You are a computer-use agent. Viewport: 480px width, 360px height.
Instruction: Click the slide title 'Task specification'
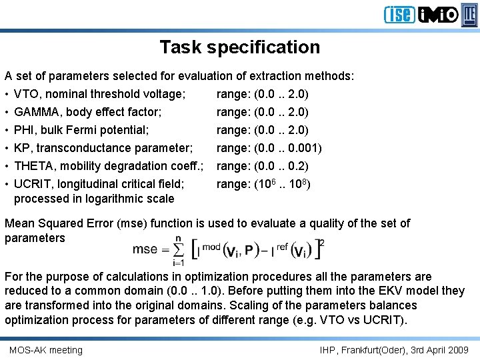239,47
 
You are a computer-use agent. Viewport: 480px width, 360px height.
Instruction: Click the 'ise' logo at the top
399,14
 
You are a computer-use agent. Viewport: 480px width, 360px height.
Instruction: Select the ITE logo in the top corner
470,14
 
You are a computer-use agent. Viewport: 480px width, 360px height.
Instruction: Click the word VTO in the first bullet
26,94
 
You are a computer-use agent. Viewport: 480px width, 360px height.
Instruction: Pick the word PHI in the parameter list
25,130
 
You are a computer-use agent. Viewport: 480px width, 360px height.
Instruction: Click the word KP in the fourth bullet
22,148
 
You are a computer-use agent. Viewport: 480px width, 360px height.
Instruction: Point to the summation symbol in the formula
178,250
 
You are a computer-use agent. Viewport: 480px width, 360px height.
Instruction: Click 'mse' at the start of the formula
145,250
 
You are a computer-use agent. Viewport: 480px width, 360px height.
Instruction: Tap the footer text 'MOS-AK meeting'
46,350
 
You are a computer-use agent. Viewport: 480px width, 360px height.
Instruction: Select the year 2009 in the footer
458,350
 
